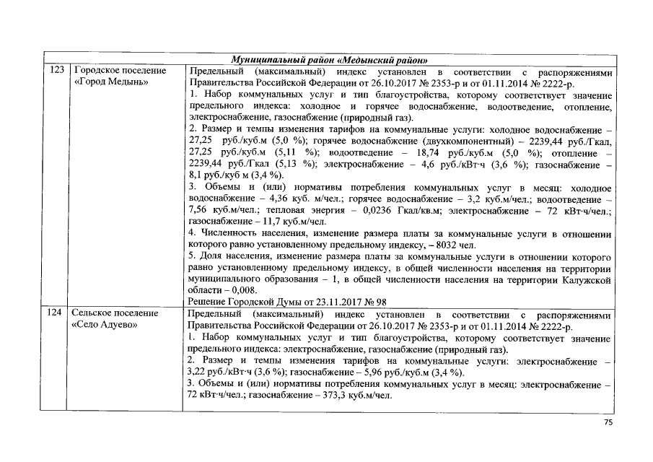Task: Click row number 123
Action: click(56, 71)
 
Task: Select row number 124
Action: click(56, 315)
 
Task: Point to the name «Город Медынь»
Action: click(111, 82)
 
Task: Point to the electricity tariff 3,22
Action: click(198, 372)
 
